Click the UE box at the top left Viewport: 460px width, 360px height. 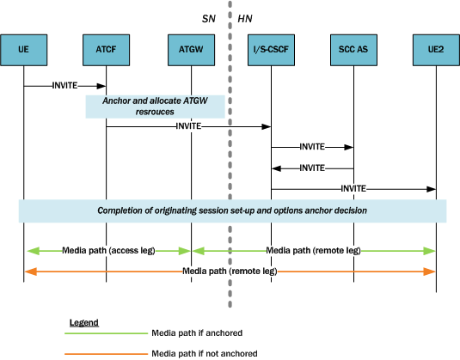click(x=23, y=51)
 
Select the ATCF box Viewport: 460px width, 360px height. click(x=106, y=51)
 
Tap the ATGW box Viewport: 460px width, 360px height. click(x=191, y=51)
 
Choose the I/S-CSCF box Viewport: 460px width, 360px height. click(x=271, y=51)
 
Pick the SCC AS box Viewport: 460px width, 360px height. click(x=353, y=51)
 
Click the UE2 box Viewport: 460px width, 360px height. click(x=435, y=51)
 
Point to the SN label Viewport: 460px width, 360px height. click(x=209, y=17)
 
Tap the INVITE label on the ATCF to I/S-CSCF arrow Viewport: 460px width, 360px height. click(x=188, y=126)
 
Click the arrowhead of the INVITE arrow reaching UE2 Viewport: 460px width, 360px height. click(x=432, y=188)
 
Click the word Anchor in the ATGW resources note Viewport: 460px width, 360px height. click(x=118, y=101)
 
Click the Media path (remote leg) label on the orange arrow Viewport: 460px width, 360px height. click(x=230, y=271)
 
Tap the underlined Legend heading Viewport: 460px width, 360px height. click(x=83, y=323)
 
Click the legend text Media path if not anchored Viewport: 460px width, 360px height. click(x=204, y=352)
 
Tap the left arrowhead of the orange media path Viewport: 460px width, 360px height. click(x=28, y=271)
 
